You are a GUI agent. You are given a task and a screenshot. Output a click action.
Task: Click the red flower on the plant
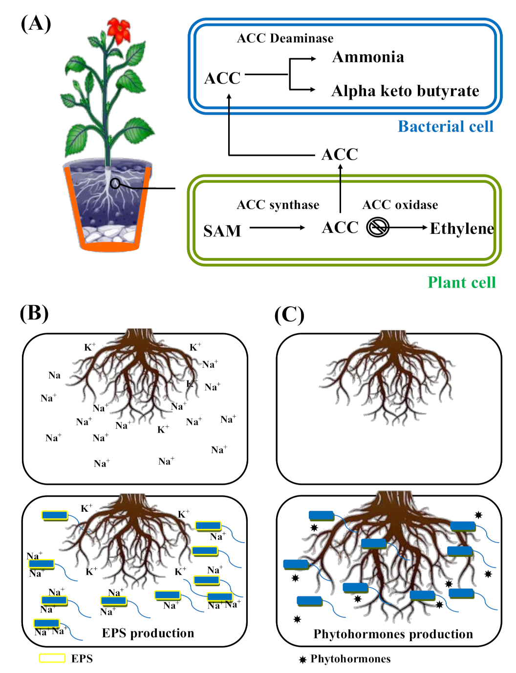point(119,30)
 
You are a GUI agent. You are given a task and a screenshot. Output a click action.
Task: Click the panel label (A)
point(36,23)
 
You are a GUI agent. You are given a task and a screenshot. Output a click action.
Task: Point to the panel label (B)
point(34,313)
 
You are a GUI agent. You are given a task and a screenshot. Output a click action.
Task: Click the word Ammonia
point(368,57)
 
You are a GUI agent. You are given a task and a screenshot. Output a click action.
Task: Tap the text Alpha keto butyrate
point(405,91)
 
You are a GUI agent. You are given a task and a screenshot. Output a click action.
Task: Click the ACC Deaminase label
point(285,38)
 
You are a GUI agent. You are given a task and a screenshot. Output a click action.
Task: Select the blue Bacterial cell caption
point(446,126)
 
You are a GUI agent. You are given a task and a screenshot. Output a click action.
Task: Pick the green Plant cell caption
point(461,282)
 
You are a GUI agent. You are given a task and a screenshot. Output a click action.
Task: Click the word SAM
point(222,231)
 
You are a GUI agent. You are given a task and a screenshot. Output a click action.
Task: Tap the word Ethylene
point(462,229)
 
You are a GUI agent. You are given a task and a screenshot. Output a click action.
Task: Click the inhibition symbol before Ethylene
point(378,227)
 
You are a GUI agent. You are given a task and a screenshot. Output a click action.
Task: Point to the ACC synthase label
point(278,205)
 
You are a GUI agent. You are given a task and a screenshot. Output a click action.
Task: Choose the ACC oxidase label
point(400,205)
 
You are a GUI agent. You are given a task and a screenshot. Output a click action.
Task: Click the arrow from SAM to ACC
point(277,228)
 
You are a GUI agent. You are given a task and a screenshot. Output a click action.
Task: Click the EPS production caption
point(148,633)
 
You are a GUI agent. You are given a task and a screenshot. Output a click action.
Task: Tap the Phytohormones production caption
point(393,634)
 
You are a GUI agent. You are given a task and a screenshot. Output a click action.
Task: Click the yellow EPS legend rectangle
point(52,658)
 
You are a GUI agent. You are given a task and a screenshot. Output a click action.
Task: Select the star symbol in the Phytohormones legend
point(303,660)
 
